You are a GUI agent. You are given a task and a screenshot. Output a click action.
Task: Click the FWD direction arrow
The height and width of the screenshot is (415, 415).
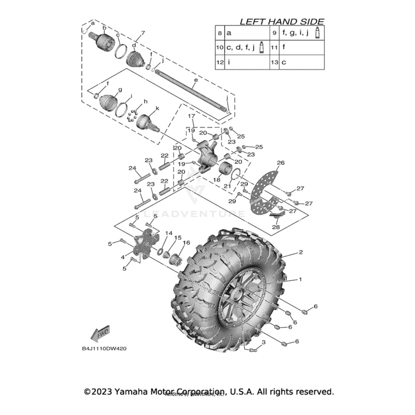pos(99,333)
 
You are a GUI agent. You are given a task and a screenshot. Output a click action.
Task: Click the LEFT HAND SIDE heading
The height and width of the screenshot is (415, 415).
pos(281,21)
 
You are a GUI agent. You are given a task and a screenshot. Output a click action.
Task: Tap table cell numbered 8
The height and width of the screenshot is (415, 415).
pos(220,33)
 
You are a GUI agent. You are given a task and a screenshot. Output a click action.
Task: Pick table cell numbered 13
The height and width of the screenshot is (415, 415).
pos(275,62)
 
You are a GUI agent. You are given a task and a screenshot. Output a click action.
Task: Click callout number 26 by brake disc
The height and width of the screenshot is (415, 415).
pos(281,163)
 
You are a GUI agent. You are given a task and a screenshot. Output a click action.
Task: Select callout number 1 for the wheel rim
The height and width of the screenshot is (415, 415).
pos(300,279)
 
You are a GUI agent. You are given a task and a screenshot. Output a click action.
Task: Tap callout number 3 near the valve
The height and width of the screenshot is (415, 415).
pos(263,343)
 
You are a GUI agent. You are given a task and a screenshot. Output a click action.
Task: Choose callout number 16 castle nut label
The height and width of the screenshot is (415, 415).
pos(186,243)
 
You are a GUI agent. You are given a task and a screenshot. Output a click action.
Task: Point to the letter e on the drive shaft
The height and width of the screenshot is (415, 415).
pos(196,81)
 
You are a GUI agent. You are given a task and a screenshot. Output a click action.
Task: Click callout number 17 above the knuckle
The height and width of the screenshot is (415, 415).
pos(191,116)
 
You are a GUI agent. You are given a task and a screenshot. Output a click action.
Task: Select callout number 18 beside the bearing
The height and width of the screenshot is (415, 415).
pos(216,179)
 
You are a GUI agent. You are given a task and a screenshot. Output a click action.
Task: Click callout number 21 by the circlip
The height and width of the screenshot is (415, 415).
pos(226,186)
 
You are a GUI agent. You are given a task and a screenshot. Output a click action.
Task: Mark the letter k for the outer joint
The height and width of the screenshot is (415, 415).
pos(157,108)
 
